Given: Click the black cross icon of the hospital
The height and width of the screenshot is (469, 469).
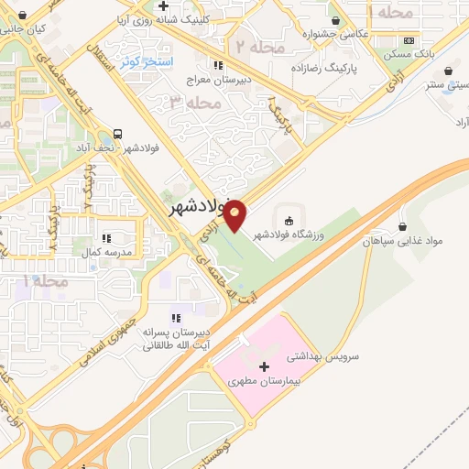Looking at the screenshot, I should (265, 365).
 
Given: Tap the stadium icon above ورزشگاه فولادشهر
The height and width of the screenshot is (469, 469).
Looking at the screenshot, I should (289, 220).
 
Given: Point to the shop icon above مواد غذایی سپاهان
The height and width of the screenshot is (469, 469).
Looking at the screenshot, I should (404, 225).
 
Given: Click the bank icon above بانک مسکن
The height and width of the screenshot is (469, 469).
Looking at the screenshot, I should (409, 41).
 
